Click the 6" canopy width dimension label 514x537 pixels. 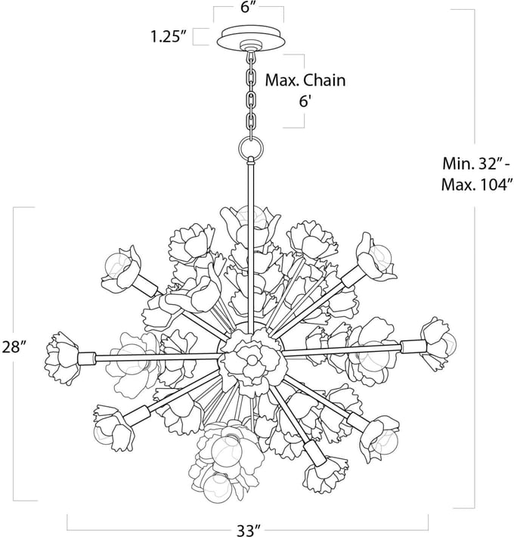249,8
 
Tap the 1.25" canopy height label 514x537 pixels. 166,36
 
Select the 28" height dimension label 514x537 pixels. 14,347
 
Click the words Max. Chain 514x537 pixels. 305,80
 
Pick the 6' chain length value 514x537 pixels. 305,101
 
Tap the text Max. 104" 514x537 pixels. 478,185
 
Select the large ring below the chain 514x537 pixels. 252,148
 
